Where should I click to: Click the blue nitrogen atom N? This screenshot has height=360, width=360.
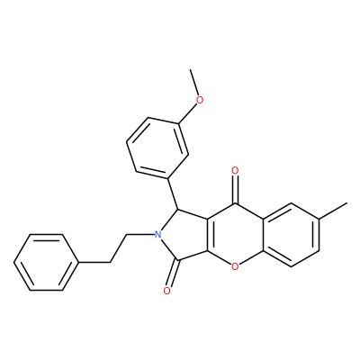pos(158,234)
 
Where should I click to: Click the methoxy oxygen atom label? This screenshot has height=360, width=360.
pos(200,100)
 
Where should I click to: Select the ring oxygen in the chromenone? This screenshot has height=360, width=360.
pos(235,265)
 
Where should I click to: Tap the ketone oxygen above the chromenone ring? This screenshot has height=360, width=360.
pos(235,171)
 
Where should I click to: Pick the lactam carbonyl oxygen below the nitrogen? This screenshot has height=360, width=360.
pos(167,291)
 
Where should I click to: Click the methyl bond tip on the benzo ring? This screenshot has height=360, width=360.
pos(347,203)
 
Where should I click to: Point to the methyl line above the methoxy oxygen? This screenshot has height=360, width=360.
pos(193,82)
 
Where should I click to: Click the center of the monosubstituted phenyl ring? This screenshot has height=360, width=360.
pos(47,262)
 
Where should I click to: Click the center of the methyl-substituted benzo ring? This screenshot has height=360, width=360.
pos(292,235)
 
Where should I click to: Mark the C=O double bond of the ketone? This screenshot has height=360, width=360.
pos(236,190)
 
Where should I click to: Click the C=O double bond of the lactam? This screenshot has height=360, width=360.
pos(174,274)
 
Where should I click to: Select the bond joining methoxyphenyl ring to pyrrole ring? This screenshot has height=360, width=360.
pos(173,194)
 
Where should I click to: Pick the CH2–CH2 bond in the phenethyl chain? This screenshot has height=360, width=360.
pos(118,248)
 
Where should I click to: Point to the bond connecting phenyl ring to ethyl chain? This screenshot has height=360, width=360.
pos(94,263)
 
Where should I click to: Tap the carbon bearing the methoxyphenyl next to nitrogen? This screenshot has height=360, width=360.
pos(178,209)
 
